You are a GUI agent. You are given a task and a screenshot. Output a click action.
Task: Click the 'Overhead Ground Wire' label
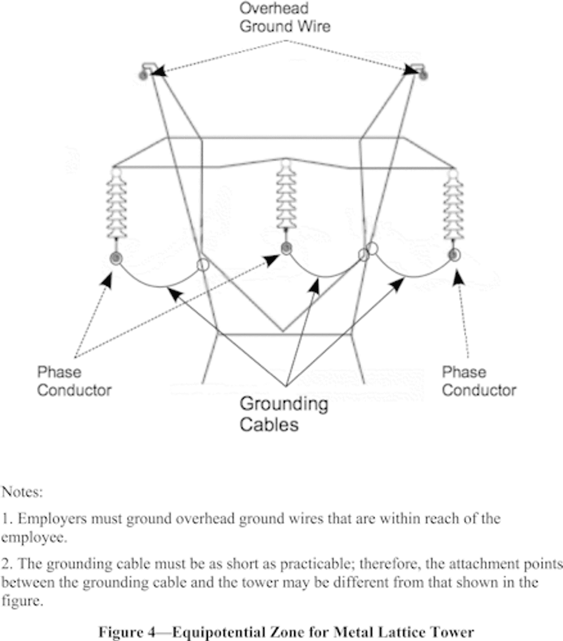285,17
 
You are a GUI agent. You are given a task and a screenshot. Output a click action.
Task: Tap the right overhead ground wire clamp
419,71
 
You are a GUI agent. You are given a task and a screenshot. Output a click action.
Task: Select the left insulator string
117,204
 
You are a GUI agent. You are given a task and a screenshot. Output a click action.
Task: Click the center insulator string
286,195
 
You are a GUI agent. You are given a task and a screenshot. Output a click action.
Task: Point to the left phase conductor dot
116,258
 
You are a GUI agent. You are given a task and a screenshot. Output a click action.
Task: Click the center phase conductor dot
286,248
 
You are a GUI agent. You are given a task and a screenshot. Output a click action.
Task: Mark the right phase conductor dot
453,255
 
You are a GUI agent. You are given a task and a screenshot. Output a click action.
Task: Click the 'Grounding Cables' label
284,414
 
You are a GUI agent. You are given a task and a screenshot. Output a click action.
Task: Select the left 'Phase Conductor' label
74,381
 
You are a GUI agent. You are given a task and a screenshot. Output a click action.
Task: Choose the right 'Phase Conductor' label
479,381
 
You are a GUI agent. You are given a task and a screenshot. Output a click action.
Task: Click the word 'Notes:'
22,492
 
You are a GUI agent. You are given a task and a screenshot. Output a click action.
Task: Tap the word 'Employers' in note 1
52,519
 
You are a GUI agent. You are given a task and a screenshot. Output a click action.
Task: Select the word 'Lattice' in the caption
408,632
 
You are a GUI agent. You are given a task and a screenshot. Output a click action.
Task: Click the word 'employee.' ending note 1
33,537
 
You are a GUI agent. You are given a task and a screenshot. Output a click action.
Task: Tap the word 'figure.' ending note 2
22,601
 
